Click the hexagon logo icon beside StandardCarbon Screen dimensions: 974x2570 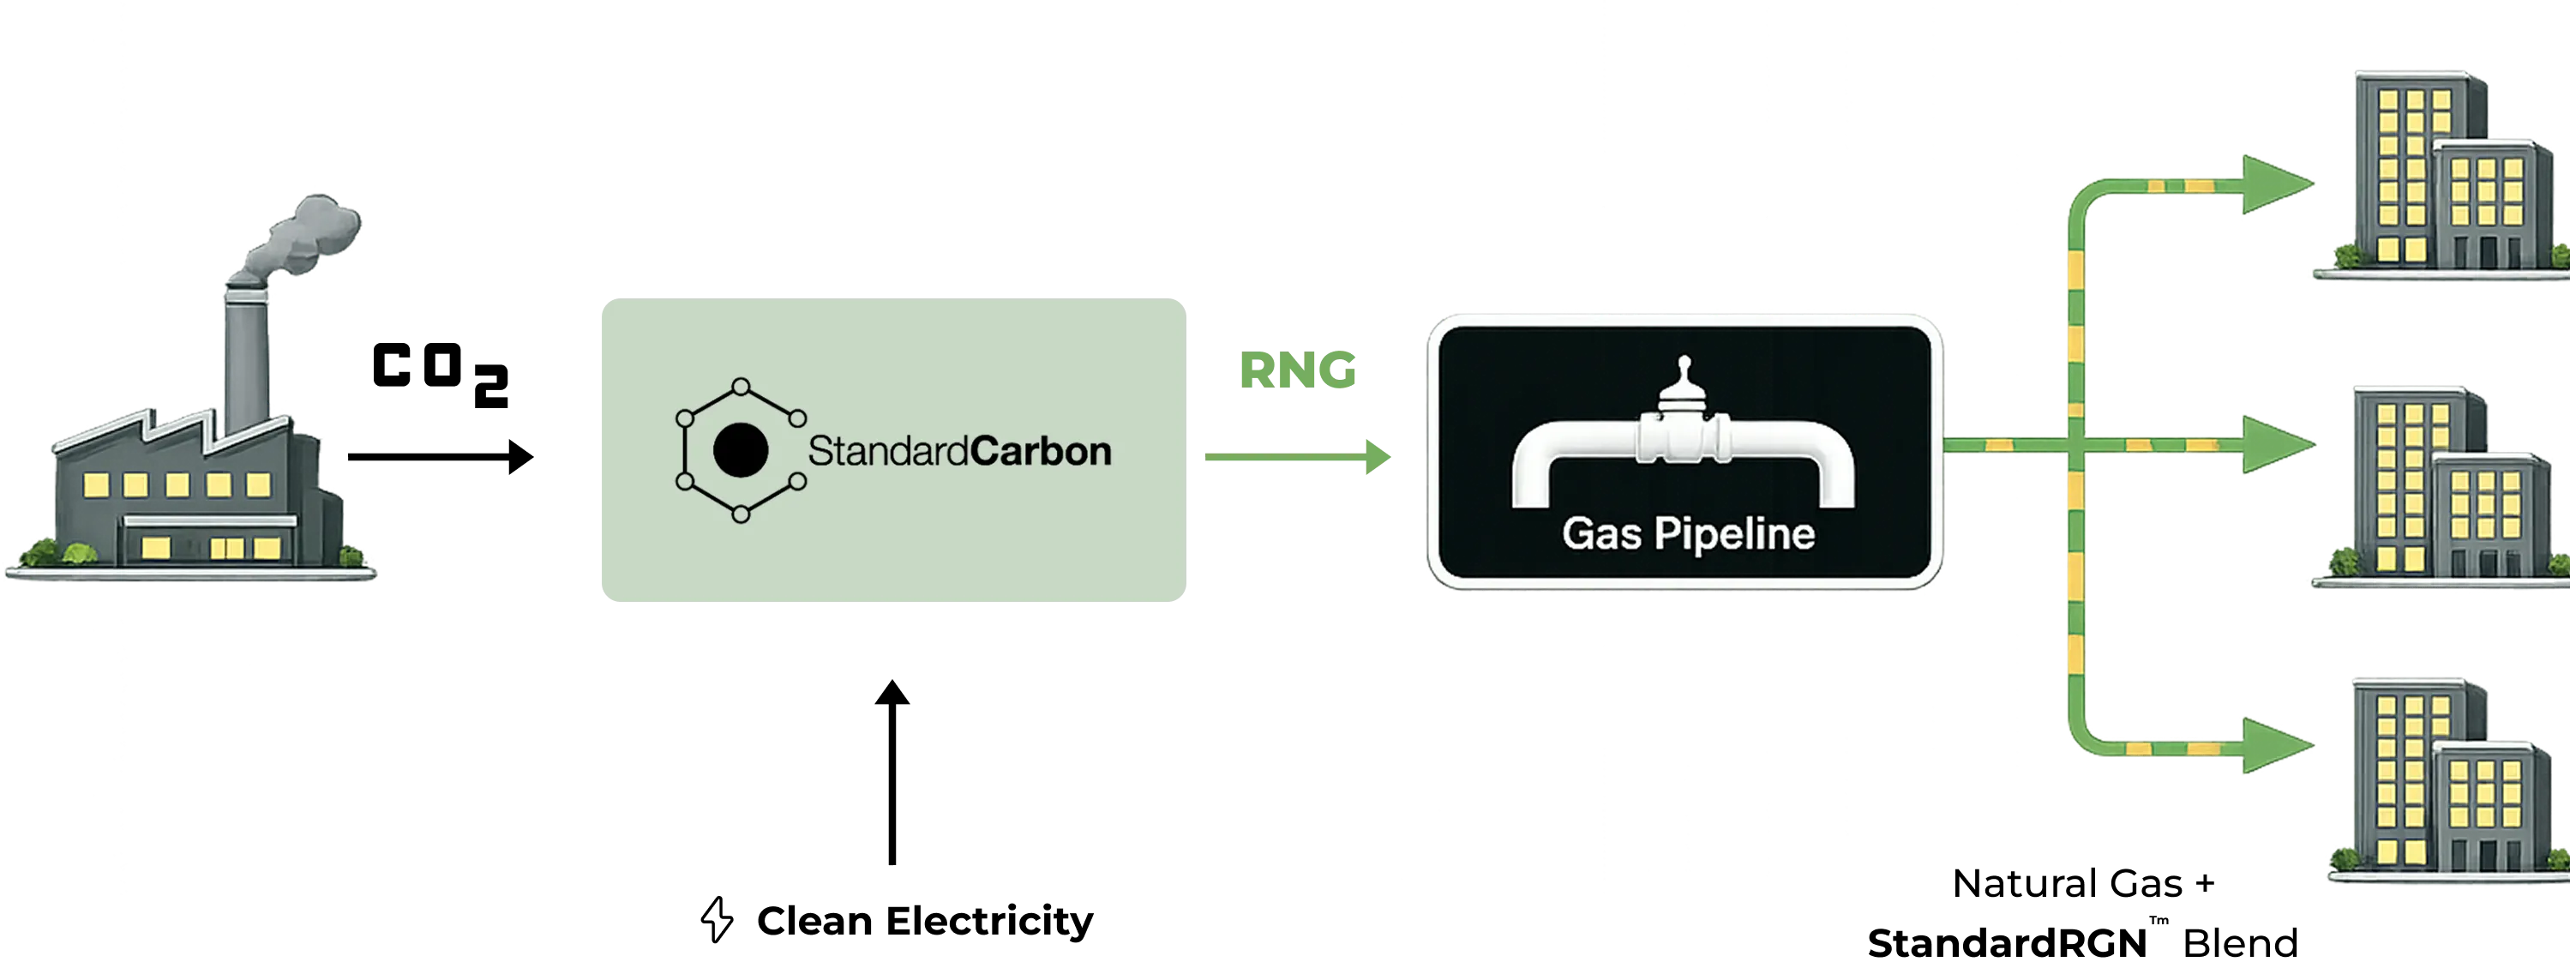pos(741,451)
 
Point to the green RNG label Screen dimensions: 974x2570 pos(1298,372)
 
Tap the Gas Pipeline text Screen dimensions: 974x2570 pos(1688,535)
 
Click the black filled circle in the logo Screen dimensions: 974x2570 pos(741,451)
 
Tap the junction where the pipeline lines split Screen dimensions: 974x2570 pos(2078,444)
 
